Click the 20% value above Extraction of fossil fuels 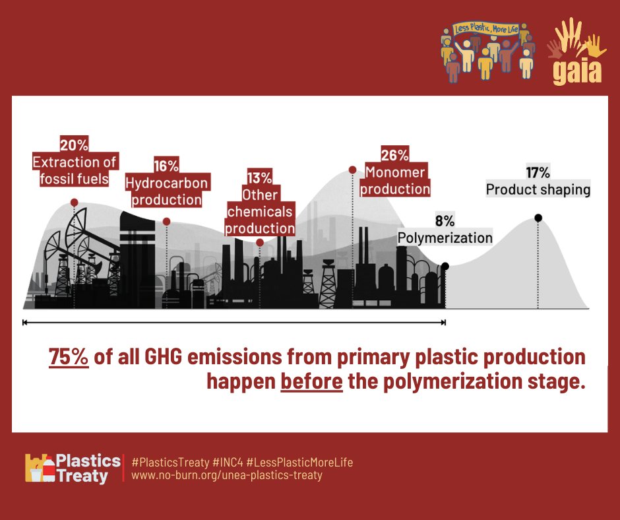coord(74,145)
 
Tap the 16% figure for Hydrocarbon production coord(167,166)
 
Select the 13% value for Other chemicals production coord(260,178)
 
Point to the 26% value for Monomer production coord(395,156)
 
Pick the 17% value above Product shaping coord(538,173)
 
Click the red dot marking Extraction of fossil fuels coord(75,203)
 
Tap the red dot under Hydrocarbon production coord(167,222)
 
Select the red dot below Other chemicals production coord(260,243)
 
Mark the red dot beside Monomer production coord(353,170)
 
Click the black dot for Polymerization coord(445,266)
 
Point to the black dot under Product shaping coord(538,218)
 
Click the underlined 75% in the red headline coord(69,357)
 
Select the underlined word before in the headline coord(311,381)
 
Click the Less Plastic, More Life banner coord(487,30)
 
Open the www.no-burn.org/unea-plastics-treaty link coord(227,475)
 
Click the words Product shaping coord(538,190)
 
